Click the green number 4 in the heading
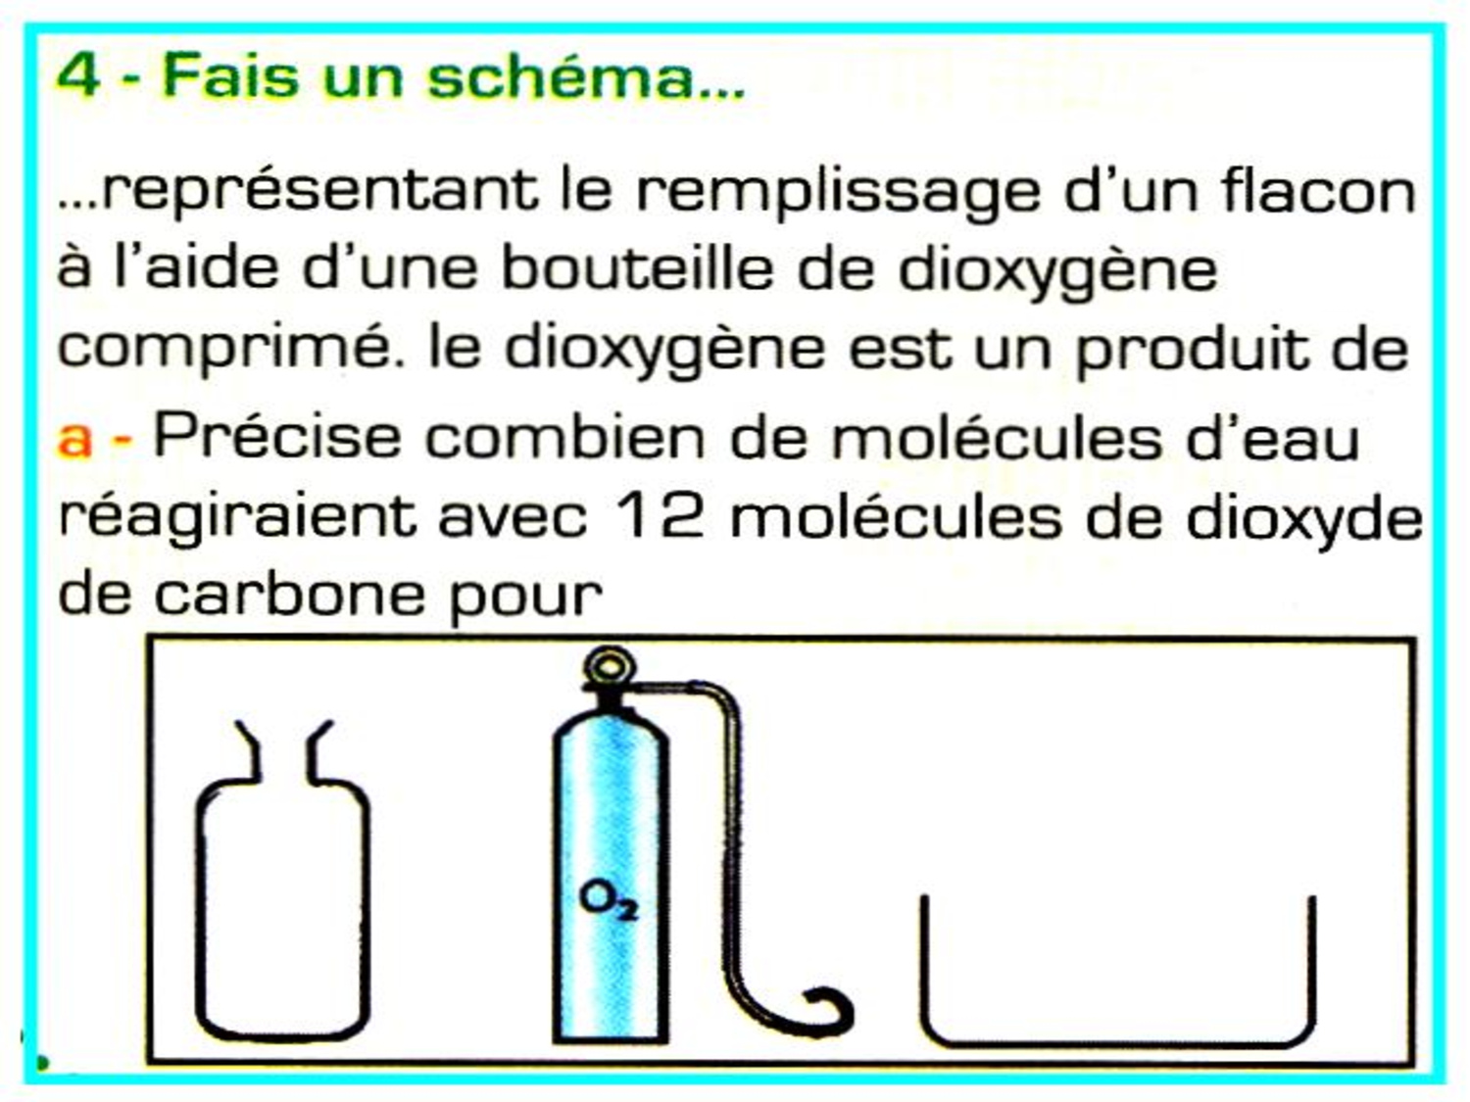pos(78,77)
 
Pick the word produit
pos(1191,349)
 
